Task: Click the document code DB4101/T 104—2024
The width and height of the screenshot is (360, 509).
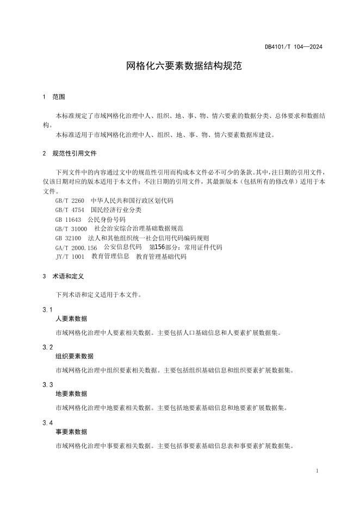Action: pos(294,47)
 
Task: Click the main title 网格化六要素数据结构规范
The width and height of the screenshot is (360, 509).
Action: pos(179,66)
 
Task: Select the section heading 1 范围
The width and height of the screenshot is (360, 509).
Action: pos(54,97)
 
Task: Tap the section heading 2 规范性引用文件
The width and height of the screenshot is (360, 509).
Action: pos(69,153)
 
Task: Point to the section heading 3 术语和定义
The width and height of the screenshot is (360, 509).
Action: pos(63,276)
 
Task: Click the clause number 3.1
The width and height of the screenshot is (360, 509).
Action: pos(47,310)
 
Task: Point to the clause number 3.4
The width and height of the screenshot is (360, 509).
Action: pos(47,423)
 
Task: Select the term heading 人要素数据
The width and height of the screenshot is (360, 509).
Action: pos(71,319)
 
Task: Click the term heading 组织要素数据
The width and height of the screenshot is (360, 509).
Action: pos(75,356)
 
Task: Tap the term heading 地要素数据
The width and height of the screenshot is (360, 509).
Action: pos(71,394)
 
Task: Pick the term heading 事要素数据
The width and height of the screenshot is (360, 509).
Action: pos(71,432)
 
